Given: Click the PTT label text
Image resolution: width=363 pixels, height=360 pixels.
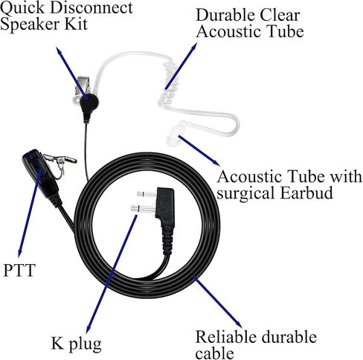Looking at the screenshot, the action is (19, 270).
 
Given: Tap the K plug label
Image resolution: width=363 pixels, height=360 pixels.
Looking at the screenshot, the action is (77, 344).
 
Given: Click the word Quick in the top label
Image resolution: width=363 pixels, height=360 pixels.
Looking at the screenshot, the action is (23, 8).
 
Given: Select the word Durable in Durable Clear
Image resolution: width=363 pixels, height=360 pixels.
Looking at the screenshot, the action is (225, 16).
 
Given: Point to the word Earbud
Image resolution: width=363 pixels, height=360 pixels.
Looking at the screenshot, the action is (306, 193).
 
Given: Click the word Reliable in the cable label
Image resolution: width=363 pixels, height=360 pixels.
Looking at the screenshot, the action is (225, 337).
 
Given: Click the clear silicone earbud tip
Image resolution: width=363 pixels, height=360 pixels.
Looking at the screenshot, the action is (176, 135).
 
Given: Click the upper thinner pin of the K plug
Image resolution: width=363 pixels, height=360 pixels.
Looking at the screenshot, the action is (147, 193).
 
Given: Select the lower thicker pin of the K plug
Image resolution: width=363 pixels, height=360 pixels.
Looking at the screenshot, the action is (143, 209).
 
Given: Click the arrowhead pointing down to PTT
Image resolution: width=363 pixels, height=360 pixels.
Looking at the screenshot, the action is (20, 253).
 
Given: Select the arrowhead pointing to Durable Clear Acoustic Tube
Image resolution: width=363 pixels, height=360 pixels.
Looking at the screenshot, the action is (194, 47).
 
